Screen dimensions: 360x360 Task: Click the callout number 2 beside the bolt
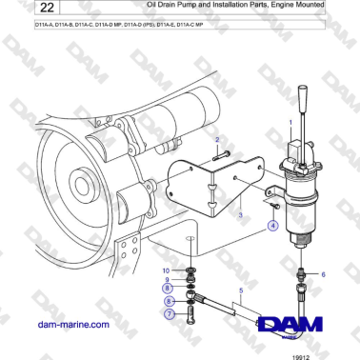[217, 139]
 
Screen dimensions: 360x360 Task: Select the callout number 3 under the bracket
[241, 216]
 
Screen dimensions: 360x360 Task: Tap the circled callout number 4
[273, 226]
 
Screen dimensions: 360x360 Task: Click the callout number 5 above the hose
[243, 289]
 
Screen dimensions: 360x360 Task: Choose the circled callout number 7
[168, 313]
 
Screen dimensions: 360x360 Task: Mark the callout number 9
[168, 279]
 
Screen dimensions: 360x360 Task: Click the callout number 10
[166, 270]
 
